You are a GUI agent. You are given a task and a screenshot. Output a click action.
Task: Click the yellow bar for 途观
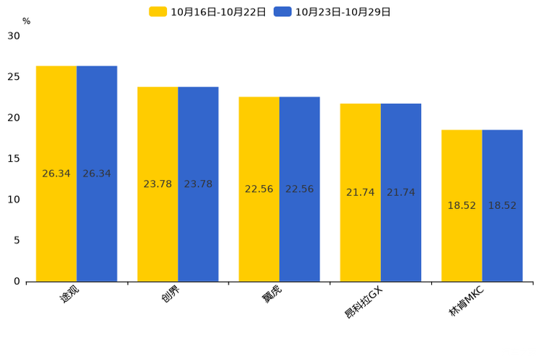coord(56,173)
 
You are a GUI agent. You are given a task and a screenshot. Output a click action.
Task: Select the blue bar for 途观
coord(97,173)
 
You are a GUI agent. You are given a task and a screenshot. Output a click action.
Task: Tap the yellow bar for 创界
coord(157,184)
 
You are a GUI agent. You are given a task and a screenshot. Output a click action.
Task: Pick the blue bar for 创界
coord(198,184)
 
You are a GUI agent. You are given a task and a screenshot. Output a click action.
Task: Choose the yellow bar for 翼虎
coord(259,189)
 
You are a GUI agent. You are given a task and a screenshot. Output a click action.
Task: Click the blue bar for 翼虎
coord(299,189)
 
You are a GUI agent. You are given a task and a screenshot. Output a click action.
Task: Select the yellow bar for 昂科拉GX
coord(360,192)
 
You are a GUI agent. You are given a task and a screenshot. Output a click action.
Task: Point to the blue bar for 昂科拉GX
coord(401,192)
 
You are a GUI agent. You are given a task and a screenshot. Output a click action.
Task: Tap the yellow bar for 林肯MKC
coord(462,205)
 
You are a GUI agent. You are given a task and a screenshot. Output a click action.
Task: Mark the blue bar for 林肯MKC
coord(502,205)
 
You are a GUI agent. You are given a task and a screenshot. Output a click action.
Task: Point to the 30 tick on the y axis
coord(14,36)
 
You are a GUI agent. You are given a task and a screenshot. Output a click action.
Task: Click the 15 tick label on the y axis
coord(14,158)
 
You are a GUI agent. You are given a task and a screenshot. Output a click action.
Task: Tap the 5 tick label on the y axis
coord(17,240)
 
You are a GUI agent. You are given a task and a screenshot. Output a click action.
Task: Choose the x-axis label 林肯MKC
coord(466,301)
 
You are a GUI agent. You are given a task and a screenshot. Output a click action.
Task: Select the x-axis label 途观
coord(69,294)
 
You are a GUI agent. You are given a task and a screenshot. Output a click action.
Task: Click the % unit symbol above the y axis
coord(26,21)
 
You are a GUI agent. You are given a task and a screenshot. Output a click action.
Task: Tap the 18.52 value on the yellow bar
coord(462,205)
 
